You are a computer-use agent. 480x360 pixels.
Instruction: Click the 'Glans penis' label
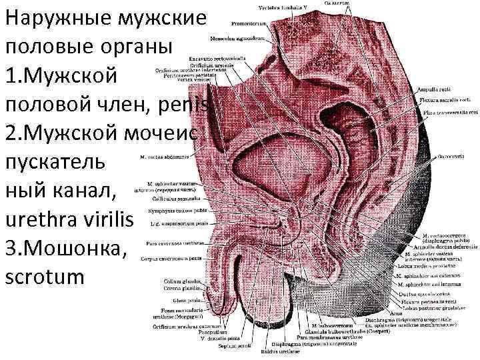coord(185,300)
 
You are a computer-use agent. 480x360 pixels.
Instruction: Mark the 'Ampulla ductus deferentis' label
coord(439,248)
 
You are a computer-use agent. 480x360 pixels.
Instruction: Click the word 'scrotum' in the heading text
coord(45,276)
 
